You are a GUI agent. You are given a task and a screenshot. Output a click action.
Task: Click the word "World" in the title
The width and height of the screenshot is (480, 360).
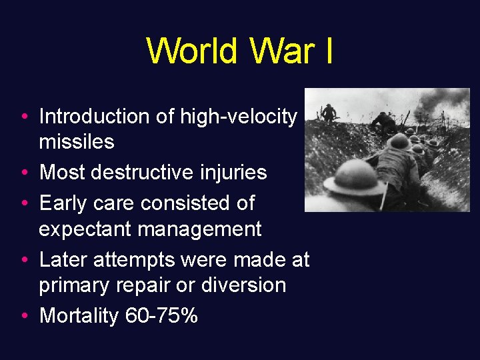[x=192, y=51]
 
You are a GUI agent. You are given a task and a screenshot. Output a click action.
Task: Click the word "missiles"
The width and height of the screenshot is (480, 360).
[x=77, y=142]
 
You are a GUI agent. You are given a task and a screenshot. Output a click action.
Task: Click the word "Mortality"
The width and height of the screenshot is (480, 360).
[x=79, y=315]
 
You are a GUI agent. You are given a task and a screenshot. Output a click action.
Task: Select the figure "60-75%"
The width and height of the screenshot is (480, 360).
[x=161, y=315]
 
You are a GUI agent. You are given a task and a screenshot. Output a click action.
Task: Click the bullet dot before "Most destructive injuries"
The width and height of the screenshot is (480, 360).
[x=23, y=173]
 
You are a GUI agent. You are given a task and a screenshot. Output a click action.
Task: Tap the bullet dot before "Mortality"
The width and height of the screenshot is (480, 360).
[x=23, y=316]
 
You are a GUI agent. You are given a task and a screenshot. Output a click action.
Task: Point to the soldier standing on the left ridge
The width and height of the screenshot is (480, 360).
[x=327, y=113]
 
